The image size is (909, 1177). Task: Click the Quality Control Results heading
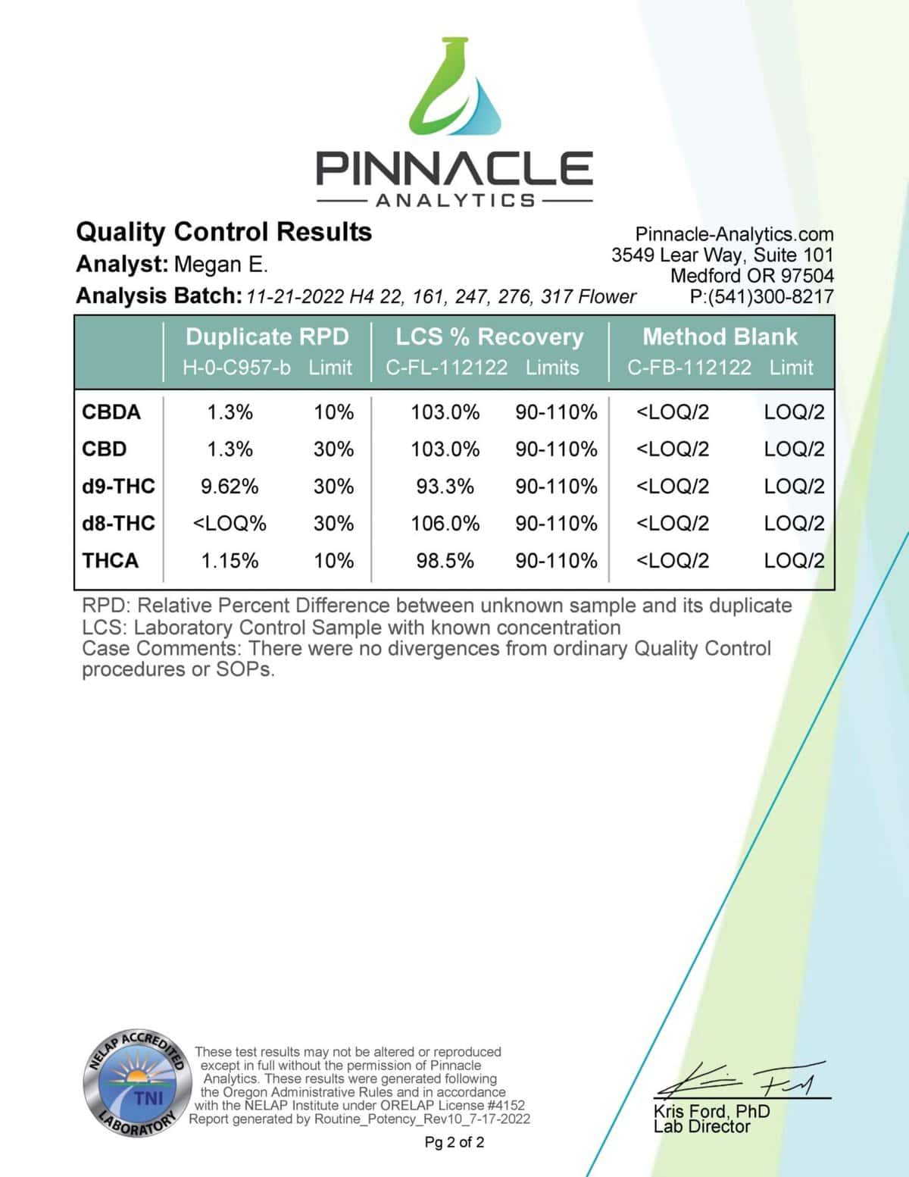(x=224, y=231)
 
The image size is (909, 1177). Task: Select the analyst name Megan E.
(x=220, y=265)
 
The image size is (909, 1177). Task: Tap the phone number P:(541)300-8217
(x=761, y=297)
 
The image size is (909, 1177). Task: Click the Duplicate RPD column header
(x=267, y=337)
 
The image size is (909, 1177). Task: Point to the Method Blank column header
(x=720, y=337)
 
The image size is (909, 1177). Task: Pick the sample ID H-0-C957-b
(x=236, y=368)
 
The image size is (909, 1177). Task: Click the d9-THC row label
(x=118, y=486)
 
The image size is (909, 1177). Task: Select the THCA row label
(x=111, y=561)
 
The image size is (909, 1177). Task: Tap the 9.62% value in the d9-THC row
(x=230, y=486)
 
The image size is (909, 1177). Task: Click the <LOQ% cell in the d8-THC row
(x=230, y=524)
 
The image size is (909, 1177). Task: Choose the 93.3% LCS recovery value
(x=445, y=486)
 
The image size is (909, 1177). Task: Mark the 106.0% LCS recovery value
(x=445, y=524)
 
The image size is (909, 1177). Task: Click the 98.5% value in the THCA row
(x=445, y=561)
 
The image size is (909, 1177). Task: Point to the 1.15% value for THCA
(x=230, y=561)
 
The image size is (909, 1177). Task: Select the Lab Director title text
(x=701, y=1127)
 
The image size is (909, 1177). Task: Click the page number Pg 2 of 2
(x=454, y=1142)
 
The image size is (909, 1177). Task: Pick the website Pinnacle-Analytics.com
(x=734, y=234)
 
